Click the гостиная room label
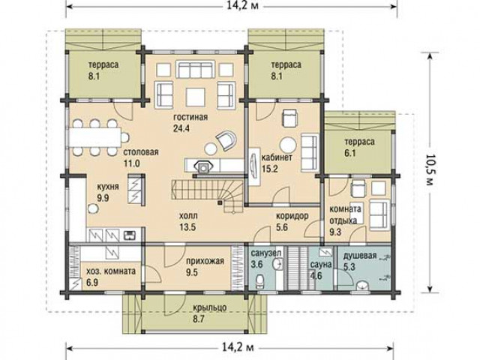coord(190,117)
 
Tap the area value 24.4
coord(181,128)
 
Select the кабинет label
coord(277,157)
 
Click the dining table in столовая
coord(95,137)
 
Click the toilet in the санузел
coord(260,281)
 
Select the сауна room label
coord(320,264)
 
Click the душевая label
coord(359,256)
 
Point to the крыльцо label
coord(210,308)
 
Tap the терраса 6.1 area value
coord(350,153)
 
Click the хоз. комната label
coord(111,271)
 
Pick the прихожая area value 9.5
coord(192,272)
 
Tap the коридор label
coord(292,216)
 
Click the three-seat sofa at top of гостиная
coord(195,70)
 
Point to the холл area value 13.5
coord(187,227)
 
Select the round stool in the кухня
coord(93,208)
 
